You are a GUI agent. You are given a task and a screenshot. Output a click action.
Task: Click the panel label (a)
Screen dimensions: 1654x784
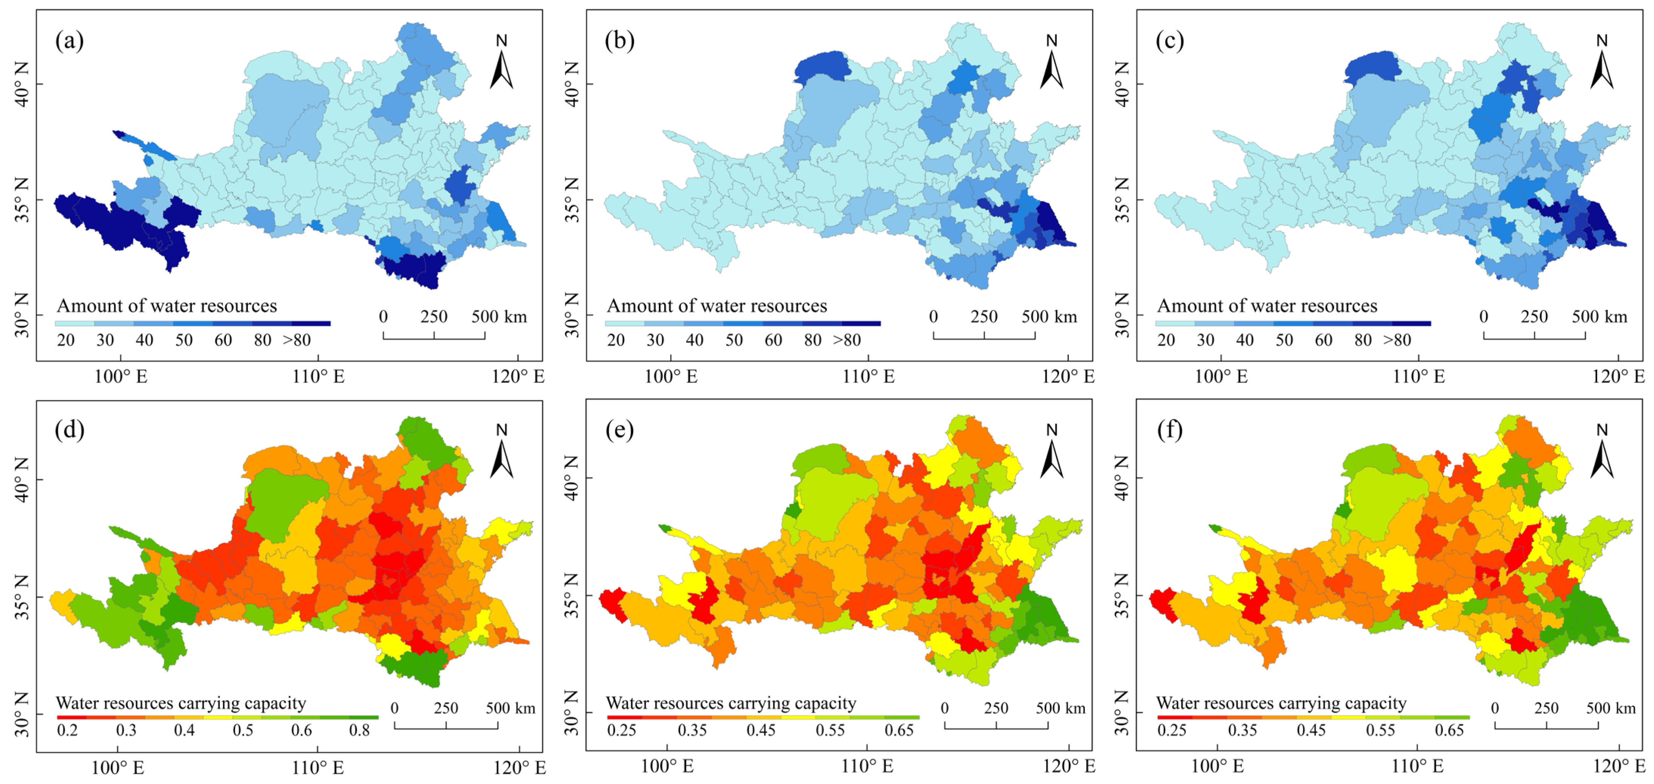tap(69, 41)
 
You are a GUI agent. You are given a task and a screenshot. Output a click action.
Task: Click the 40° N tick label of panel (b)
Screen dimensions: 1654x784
tap(572, 84)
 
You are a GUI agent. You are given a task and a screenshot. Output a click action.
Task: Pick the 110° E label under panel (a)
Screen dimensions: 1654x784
tap(318, 376)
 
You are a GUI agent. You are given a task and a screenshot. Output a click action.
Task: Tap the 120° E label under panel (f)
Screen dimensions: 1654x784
tap(1618, 766)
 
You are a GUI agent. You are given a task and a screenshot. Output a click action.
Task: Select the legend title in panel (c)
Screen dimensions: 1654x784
tap(1267, 306)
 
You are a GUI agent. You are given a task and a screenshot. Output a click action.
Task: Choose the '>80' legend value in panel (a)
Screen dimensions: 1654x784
tap(297, 340)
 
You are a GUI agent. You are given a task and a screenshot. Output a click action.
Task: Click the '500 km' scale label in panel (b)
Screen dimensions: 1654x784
tap(1049, 317)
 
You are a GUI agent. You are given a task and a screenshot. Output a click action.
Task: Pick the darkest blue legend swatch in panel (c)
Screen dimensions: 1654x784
tap(1411, 323)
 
